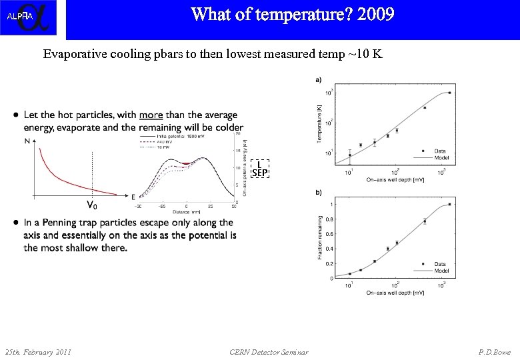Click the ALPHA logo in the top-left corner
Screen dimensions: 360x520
click(x=28, y=18)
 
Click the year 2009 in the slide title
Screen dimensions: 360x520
click(x=375, y=15)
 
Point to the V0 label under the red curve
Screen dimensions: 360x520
click(x=90, y=204)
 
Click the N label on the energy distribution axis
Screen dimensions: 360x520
click(x=27, y=141)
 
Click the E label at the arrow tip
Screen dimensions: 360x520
click(x=133, y=197)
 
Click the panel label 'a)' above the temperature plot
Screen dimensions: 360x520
click(x=319, y=79)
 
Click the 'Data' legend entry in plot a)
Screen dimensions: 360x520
click(x=440, y=151)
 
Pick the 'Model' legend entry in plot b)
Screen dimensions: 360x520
click(x=441, y=271)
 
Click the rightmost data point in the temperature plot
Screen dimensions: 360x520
click(x=449, y=93)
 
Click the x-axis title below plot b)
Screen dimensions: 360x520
click(x=395, y=293)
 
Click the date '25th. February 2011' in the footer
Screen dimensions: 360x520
click(x=38, y=351)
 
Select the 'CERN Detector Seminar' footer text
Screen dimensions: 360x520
click(x=269, y=351)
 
